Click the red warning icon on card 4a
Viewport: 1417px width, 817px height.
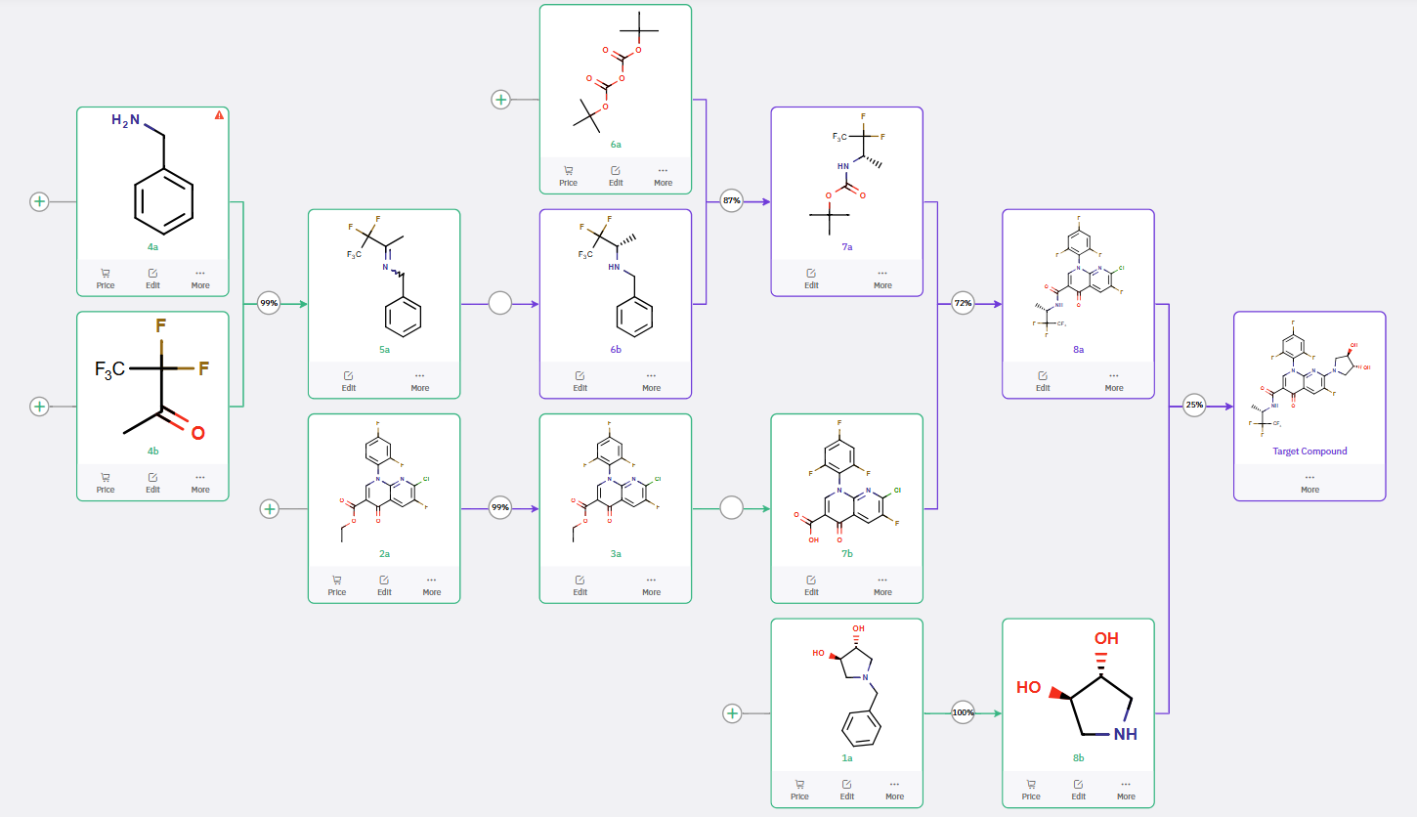pos(219,115)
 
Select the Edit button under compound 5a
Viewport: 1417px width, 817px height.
pos(349,380)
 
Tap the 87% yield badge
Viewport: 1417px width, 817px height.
pos(731,201)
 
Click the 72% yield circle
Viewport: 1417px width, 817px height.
pos(963,304)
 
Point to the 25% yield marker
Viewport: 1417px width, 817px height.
pos(1194,406)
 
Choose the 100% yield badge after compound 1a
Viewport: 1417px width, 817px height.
pos(964,712)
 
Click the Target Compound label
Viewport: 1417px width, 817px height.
pos(1310,451)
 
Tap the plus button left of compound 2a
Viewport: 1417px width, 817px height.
pos(270,508)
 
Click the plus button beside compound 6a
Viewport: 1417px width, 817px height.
pos(500,100)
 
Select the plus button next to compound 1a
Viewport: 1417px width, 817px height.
pos(732,713)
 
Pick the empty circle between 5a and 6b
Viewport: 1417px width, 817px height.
pos(499,304)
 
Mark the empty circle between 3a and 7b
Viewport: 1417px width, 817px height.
pos(731,508)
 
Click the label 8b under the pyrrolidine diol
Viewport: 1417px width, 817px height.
pos(1078,757)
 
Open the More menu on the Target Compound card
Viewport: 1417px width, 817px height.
pos(1310,483)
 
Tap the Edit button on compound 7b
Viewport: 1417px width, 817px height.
pos(811,584)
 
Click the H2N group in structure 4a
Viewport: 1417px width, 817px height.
pos(127,120)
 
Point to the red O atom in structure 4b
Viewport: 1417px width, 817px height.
pos(197,432)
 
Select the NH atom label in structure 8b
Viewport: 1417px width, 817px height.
pos(1126,734)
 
